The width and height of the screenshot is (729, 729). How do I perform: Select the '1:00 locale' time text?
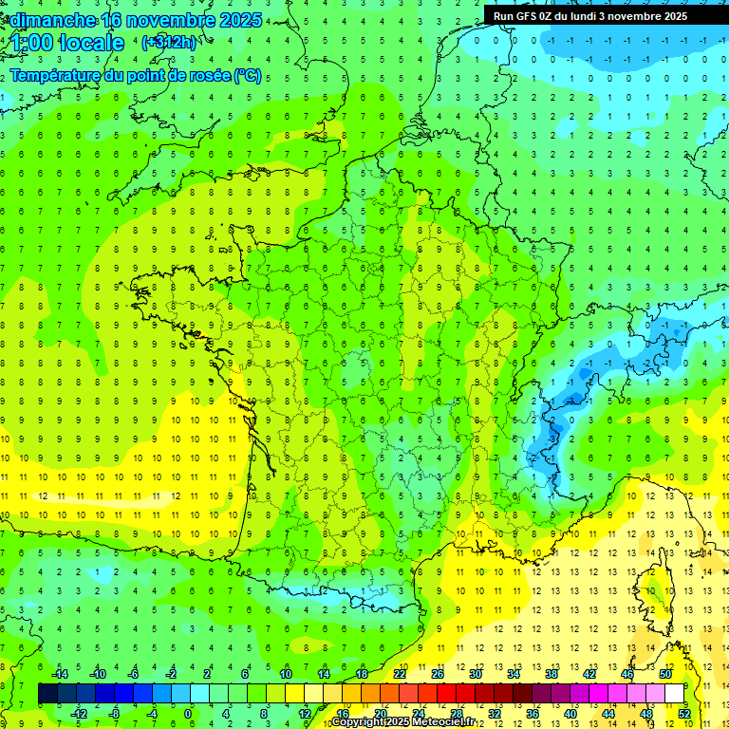click(67, 44)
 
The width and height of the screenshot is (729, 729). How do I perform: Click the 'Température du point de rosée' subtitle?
click(120, 75)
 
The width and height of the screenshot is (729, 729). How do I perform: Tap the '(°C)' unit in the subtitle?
click(248, 75)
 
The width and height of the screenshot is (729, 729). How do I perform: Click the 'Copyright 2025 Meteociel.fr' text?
click(402, 722)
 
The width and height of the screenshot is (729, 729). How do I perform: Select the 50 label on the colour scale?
click(665, 674)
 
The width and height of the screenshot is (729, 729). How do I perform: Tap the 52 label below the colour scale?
click(683, 713)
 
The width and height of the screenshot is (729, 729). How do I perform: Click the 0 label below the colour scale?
click(188, 713)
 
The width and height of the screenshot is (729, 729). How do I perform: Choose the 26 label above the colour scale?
click(438, 674)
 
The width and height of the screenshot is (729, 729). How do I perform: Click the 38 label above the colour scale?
click(551, 674)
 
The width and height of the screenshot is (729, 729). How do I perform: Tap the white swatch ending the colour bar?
click(674, 693)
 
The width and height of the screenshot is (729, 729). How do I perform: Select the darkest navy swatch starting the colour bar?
click(47, 693)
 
